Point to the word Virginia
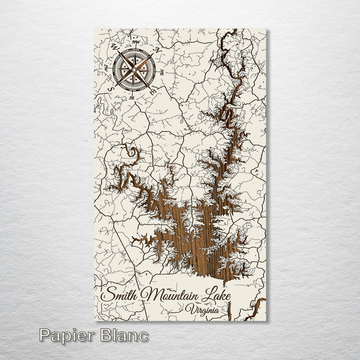pos(202,310)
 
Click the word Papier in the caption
pos(67,335)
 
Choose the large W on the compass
pos(115,47)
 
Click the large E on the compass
pos(152,92)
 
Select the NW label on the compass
pos(135,42)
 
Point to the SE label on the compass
pos(132,98)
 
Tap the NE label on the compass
pos(162,71)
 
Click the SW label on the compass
pos(106,68)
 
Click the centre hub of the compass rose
pos(134,70)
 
